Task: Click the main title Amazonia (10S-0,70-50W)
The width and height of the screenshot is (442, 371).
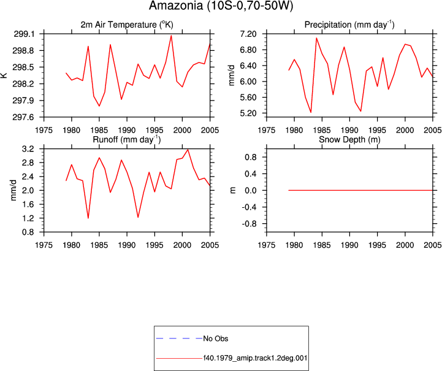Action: point(221,6)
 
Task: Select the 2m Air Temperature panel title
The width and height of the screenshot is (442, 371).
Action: point(127,25)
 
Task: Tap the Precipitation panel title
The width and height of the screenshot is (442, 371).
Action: point(349,25)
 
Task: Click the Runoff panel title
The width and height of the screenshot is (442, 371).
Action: point(127,140)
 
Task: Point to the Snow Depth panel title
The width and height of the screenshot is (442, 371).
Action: point(349,140)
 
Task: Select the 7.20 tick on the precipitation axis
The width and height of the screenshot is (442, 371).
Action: point(248,34)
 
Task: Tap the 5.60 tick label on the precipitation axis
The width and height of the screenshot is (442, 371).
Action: point(248,98)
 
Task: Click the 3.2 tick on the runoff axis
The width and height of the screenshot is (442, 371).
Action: point(28,149)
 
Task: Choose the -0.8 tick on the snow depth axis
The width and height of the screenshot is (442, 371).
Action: point(249,224)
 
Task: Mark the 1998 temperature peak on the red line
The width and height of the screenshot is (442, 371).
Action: point(171,36)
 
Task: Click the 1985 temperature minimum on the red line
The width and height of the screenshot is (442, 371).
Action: point(99,106)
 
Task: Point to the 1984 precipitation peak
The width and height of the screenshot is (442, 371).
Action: point(316,38)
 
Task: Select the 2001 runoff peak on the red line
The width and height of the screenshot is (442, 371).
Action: point(188,150)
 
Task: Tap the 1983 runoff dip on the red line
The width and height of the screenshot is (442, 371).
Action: point(88,218)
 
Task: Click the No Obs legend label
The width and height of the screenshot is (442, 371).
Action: point(216,338)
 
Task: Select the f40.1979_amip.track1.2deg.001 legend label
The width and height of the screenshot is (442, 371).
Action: point(255,358)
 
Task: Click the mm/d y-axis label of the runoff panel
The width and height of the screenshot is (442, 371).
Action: point(13,190)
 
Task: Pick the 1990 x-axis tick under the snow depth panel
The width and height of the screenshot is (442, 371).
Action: point(349,245)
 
